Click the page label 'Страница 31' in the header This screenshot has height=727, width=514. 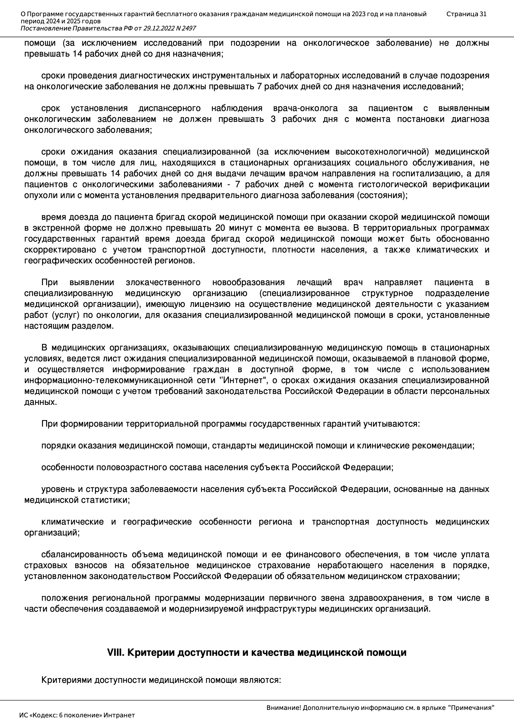click(466, 14)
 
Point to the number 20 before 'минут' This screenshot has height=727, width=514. click(220, 228)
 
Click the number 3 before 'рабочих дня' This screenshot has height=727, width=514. click(273, 119)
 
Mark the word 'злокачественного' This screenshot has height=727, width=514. click(163, 282)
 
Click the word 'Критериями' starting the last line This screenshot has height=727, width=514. click(67, 680)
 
